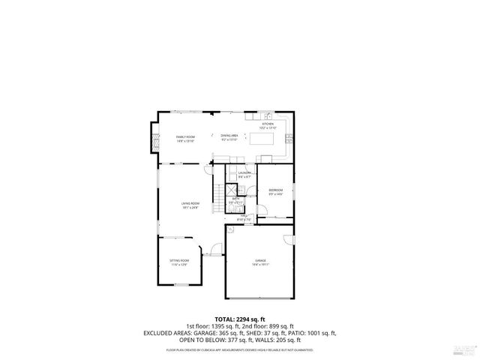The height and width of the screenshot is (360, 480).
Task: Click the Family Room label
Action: pos(185,138)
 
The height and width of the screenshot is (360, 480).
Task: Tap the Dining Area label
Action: pos(229,138)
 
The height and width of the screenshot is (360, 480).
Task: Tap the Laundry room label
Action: pos(244,175)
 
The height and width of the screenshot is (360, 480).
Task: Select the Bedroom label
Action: pos(275,192)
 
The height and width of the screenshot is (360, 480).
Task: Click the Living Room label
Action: pos(190,205)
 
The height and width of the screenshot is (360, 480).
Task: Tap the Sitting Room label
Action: pos(179,262)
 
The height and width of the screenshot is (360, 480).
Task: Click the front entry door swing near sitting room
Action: pos(214,250)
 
